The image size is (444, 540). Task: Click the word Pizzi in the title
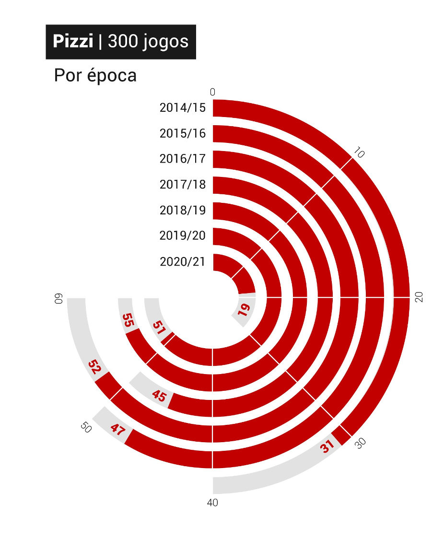click(73, 42)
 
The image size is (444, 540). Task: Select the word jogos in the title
click(165, 43)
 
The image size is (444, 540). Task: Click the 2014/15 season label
click(182, 107)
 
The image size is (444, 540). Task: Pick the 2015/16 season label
click(182, 133)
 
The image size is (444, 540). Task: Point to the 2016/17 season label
click(182, 158)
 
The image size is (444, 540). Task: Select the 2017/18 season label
click(182, 184)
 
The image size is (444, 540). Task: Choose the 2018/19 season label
click(182, 210)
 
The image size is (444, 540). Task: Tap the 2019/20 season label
click(182, 235)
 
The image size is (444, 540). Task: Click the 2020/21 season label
click(182, 261)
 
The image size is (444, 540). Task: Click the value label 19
click(244, 310)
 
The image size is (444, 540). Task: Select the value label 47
click(117, 428)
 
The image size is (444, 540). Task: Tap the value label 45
click(159, 396)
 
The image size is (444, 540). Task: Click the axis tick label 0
click(212, 92)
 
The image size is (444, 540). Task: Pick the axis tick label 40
click(212, 503)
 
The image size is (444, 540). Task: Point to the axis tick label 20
click(419, 297)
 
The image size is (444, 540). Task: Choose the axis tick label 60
click(59, 298)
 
